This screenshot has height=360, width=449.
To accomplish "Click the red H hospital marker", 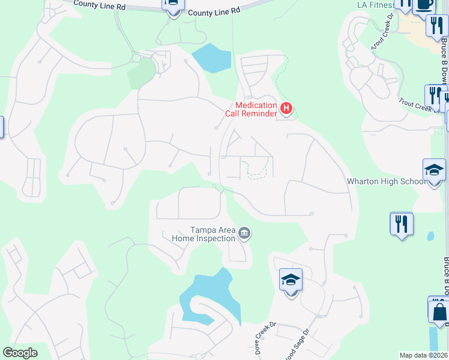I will (x=286, y=109).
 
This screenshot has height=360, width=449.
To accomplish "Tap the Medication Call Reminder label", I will (x=251, y=109).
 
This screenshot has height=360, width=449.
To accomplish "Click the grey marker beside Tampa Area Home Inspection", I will (x=244, y=233).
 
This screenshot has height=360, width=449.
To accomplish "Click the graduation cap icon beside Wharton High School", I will (x=434, y=170).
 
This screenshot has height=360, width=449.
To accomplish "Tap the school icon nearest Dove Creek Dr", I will (x=291, y=280).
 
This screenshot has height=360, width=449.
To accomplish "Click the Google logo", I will (x=20, y=353).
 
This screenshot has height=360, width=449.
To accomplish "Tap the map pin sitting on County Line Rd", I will (x=173, y=5).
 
